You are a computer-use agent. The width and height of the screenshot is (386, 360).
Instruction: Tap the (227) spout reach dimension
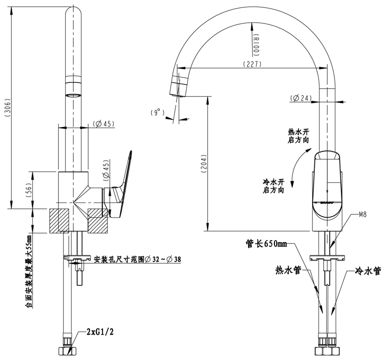[252, 64]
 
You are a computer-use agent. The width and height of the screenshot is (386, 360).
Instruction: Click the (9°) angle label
[157, 112]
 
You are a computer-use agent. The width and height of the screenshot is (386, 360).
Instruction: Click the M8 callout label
[363, 213]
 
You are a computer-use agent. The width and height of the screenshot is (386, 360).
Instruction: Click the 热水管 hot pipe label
[288, 270]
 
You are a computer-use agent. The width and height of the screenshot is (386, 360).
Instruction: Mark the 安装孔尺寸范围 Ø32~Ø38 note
[137, 260]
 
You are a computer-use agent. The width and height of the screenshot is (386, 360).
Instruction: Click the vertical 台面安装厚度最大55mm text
[29, 271]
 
